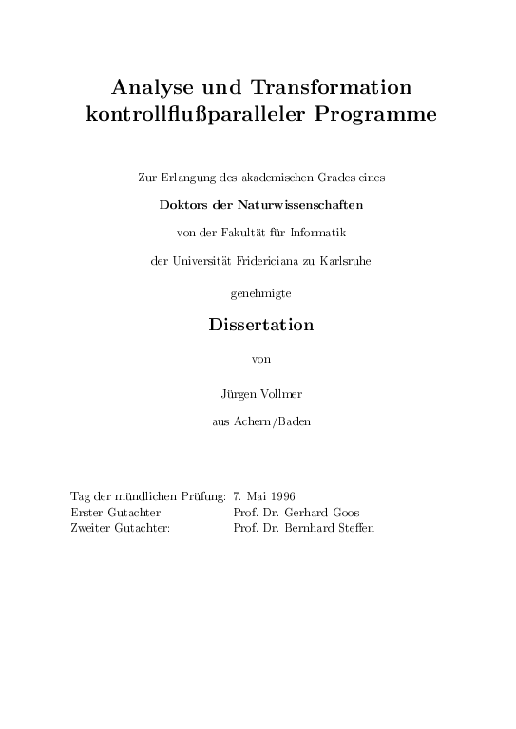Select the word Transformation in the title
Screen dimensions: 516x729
point(331,88)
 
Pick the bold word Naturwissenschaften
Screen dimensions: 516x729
point(292,203)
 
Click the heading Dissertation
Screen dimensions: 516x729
point(260,325)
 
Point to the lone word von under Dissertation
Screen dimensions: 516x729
point(259,359)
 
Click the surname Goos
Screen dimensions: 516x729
point(344,512)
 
